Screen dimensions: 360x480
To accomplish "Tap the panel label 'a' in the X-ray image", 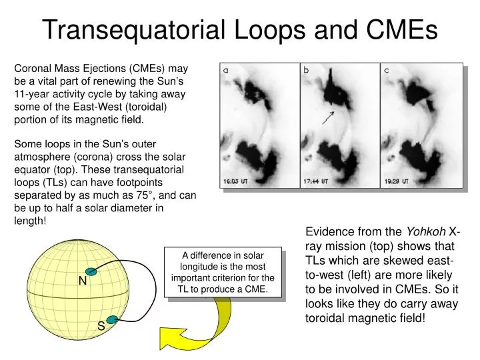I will pyautogui.click(x=226, y=69).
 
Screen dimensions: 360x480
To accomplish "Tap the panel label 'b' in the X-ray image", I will pyautogui.click(x=306, y=69).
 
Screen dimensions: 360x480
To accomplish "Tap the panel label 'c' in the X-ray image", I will pyautogui.click(x=386, y=70).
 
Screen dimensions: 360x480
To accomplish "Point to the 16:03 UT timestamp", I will pyautogui.click(x=236, y=181).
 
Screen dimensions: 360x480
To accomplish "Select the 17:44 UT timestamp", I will pyautogui.click(x=316, y=181).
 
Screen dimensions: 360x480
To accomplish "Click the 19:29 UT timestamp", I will pyautogui.click(x=396, y=181).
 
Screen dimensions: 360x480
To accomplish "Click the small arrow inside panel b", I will pyautogui.click(x=327, y=118).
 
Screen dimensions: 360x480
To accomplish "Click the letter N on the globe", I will pyautogui.click(x=83, y=281).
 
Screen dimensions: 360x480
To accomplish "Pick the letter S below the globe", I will pyautogui.click(x=101, y=326).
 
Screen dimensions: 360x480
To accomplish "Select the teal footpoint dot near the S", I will pyautogui.click(x=113, y=320).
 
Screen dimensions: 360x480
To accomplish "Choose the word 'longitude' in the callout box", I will pyautogui.click(x=199, y=267).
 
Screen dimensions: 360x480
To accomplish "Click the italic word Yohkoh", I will pyautogui.click(x=427, y=232).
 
